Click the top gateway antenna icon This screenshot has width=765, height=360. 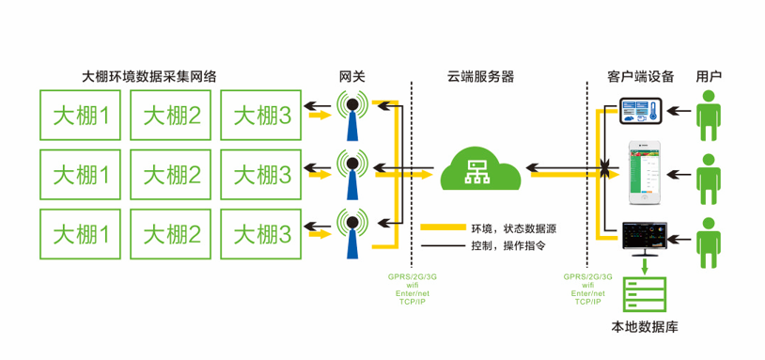[x=351, y=114]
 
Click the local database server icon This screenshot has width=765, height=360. [x=645, y=296]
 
